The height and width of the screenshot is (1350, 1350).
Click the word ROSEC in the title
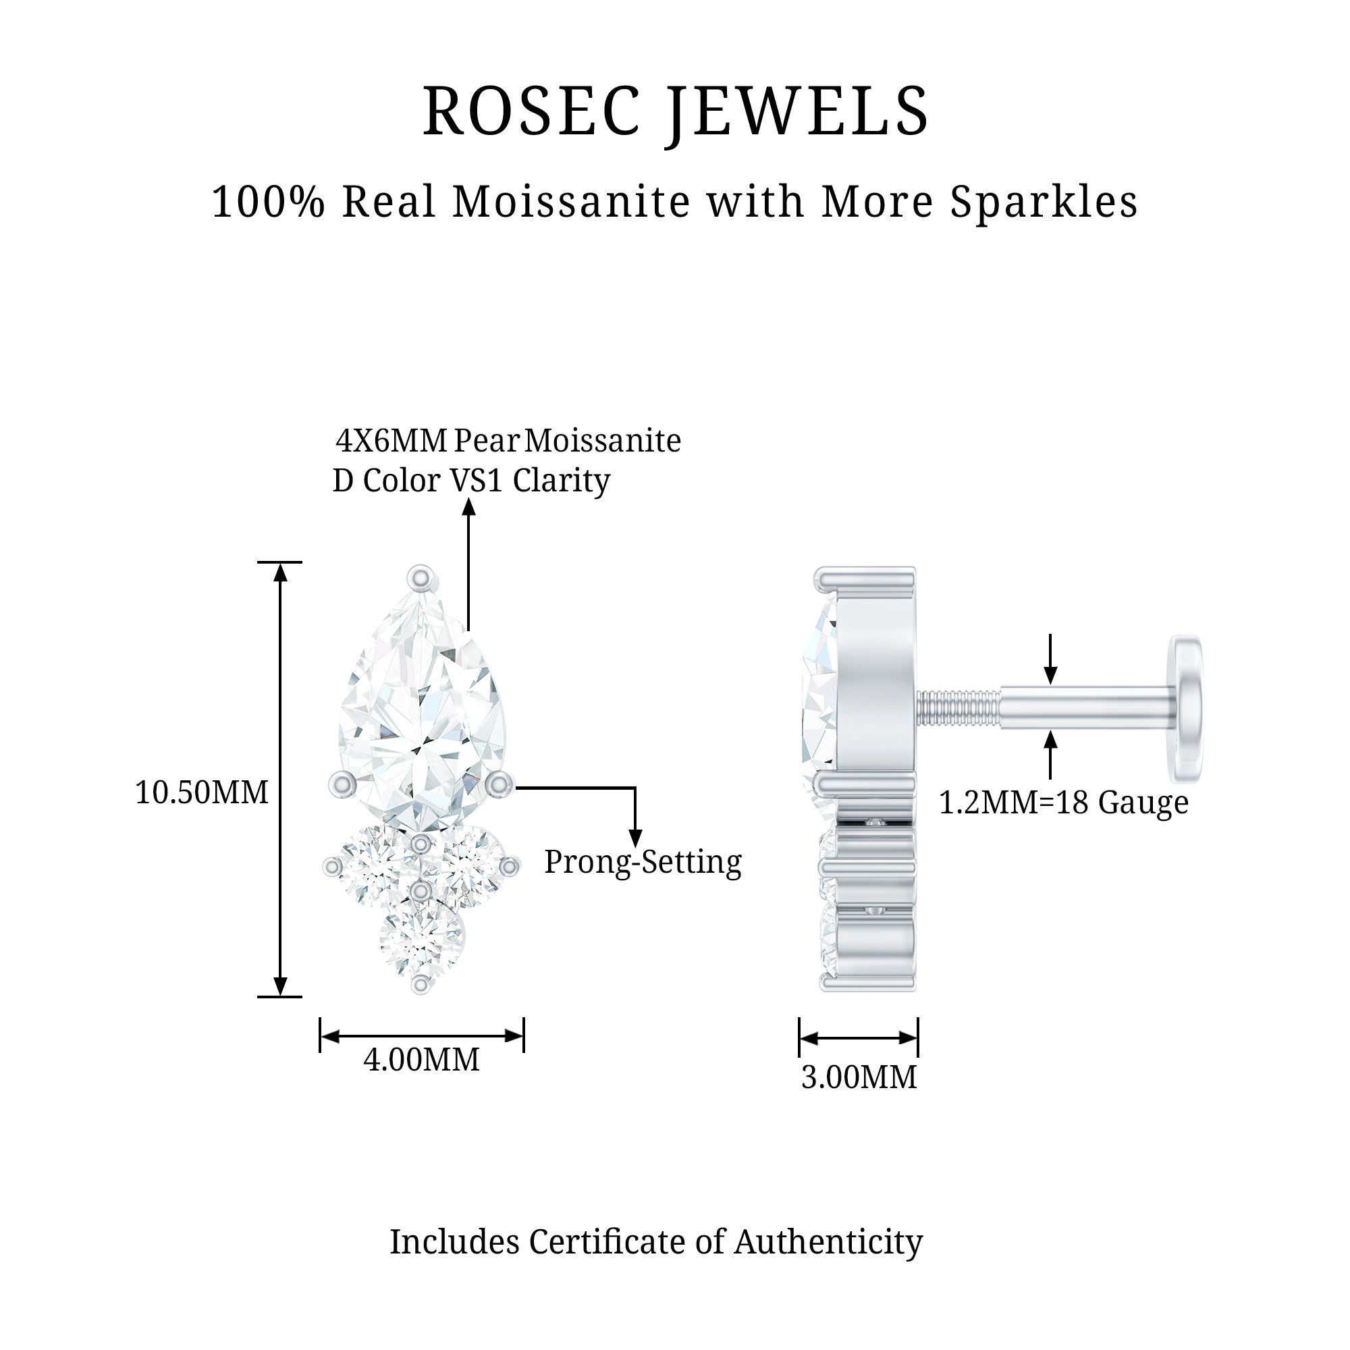[531, 112]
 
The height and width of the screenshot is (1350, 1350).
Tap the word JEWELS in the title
[797, 112]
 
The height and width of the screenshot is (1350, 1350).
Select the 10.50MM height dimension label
[201, 793]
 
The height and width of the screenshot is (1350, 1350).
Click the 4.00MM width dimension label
[421, 1060]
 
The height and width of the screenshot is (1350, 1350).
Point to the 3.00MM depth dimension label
[859, 1077]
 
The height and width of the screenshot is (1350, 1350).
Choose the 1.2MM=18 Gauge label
[1063, 803]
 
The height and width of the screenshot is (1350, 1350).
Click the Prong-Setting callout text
[643, 862]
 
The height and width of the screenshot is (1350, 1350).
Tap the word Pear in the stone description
[486, 441]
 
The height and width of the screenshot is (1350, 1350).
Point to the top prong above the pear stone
[421, 578]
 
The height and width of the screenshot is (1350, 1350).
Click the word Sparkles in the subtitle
[1044, 202]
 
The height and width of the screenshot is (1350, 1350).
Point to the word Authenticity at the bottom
[829, 1243]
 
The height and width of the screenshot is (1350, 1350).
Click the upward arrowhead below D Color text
[469, 508]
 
